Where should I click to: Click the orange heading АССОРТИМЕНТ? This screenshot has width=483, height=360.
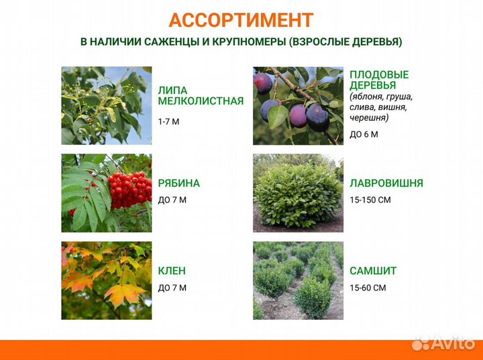coord(241,20)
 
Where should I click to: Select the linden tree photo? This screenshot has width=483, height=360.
coord(107,105)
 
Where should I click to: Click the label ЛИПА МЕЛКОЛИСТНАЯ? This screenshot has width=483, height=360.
coord(200,96)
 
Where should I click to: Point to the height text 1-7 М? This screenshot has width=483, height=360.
coord(168,121)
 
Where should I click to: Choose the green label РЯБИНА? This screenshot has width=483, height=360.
coord(178,183)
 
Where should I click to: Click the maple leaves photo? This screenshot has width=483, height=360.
coord(107,280)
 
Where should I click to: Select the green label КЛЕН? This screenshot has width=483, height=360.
coord(172,271)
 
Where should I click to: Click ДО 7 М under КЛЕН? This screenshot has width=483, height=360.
coord(172,288)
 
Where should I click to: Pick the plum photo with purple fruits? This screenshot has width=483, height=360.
coord(298,105)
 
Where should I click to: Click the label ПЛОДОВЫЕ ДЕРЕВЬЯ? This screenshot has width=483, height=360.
coord(379,80)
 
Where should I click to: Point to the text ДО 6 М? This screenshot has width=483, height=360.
coord(364,134)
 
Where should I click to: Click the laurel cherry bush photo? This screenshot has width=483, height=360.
coord(298,193)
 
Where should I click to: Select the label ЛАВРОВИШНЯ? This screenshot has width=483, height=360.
coord(386,183)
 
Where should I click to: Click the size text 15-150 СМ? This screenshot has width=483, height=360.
coord(370,200)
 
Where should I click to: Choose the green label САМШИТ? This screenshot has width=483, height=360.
coord(373,271)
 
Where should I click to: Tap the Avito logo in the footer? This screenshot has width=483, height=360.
coord(443,344)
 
